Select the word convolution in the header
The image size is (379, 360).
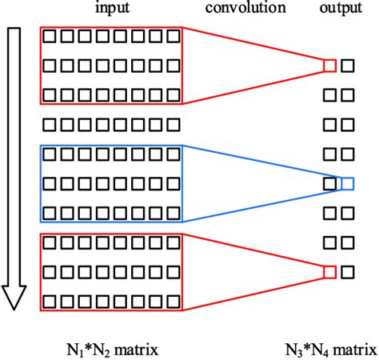tap(245, 9)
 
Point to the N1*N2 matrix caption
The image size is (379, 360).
tap(111, 349)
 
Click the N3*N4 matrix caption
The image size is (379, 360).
tap(329, 349)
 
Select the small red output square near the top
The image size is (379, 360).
tap(329, 66)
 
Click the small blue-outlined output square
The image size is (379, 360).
tap(347, 184)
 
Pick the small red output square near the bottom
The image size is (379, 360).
tap(329, 273)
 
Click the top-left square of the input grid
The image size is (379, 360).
tap(50, 37)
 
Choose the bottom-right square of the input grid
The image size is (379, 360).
tap(173, 302)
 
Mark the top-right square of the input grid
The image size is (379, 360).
tap(173, 37)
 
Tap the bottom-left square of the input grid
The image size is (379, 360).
tap(50, 302)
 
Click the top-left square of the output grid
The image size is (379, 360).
tap(329, 66)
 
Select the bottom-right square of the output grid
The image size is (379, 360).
tap(347, 273)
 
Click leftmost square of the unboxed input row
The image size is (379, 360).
tap(50, 125)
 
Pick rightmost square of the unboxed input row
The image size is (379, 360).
tap(173, 125)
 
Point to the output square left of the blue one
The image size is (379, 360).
tap(329, 184)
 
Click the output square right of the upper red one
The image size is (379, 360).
tap(347, 66)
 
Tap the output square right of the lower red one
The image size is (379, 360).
tap(347, 273)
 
